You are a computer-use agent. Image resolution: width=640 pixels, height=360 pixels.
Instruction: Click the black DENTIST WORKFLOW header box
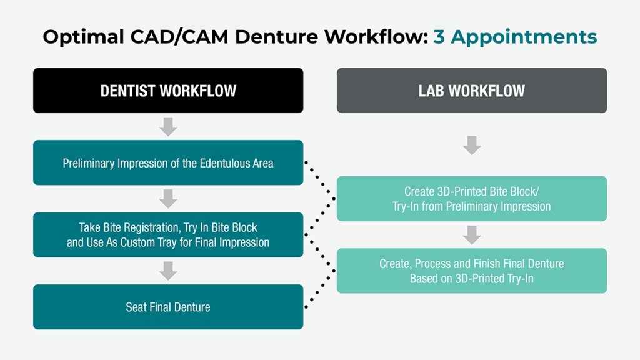[x=168, y=91]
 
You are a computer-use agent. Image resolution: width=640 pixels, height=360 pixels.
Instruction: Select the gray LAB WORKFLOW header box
[x=471, y=91]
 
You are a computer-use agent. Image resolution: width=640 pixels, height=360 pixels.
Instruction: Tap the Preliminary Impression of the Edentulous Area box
[x=168, y=163]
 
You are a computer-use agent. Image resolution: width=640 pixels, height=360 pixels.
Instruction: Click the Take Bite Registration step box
[x=168, y=235]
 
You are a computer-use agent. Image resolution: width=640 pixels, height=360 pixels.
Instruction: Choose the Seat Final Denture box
[x=168, y=307]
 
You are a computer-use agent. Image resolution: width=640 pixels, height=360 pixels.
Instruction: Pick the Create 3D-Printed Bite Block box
[x=471, y=199]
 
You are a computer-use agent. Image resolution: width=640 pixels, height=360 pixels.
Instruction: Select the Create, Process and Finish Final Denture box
[x=471, y=271]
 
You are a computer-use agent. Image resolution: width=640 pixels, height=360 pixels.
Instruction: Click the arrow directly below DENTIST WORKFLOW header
[x=168, y=127]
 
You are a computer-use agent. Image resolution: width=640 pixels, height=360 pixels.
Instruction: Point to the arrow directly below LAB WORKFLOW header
[x=472, y=145]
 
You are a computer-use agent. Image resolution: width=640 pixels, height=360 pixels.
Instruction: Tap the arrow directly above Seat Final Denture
[x=168, y=271]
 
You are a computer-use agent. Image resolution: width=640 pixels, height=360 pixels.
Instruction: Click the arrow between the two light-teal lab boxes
[x=472, y=235]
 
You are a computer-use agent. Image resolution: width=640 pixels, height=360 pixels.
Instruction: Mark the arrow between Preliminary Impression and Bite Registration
[x=168, y=199]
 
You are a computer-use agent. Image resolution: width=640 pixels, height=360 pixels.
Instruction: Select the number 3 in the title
[x=439, y=37]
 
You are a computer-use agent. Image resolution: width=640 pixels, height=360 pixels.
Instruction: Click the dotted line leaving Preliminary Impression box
[x=320, y=181]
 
